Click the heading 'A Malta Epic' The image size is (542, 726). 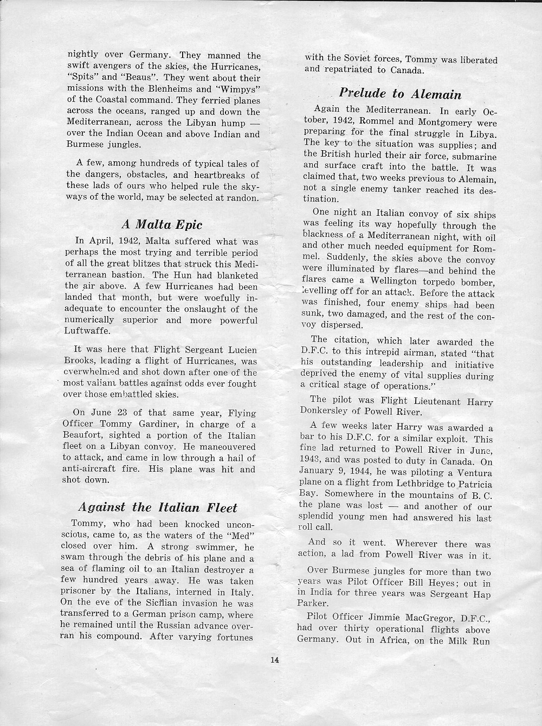tap(162, 224)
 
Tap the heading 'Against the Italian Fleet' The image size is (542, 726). tap(158, 507)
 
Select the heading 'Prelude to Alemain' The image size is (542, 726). tap(401, 94)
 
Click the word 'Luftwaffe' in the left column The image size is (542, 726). tap(89, 331)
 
